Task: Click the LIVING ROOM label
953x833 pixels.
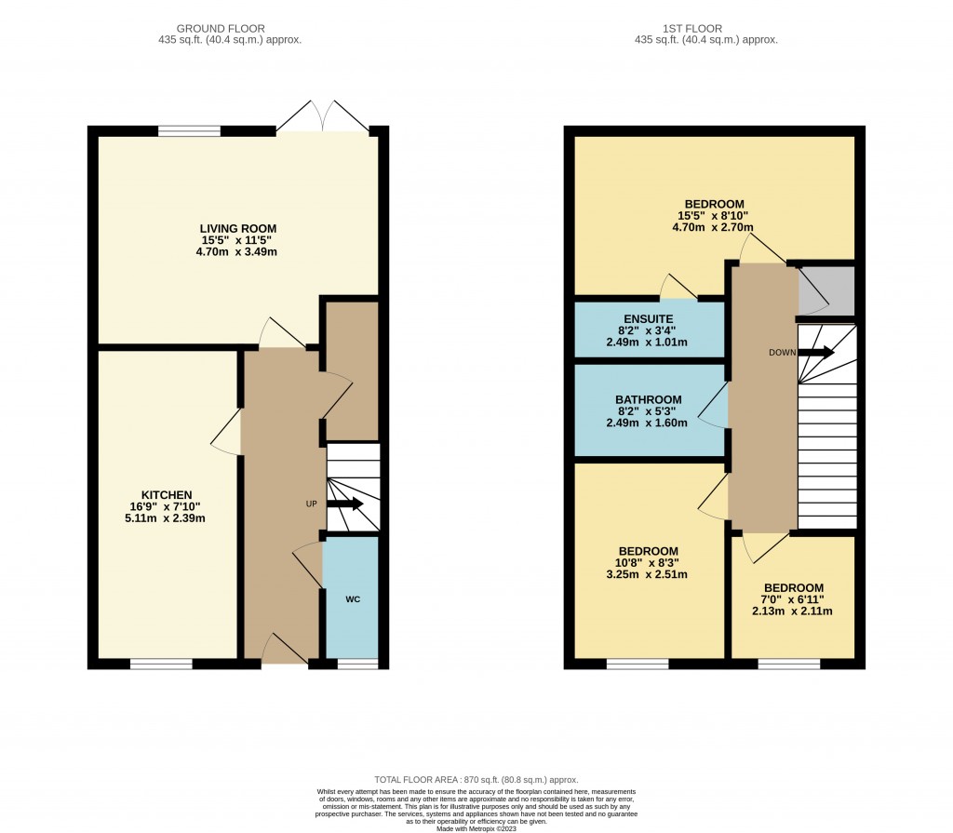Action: tap(237, 228)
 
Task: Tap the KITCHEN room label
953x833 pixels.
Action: tap(167, 494)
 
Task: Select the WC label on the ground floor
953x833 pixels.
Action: tap(353, 599)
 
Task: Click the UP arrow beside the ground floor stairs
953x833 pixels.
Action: tap(344, 504)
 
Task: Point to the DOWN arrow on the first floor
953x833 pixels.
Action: tap(816, 353)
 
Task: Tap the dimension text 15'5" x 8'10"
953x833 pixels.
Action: tap(715, 216)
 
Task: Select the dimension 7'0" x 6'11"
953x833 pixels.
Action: tap(793, 599)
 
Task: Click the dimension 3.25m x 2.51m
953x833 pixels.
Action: tap(646, 574)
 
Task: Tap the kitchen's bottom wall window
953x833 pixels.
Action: tap(161, 664)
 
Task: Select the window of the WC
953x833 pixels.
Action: tap(357, 664)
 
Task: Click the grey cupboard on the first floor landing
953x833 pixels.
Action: tap(826, 289)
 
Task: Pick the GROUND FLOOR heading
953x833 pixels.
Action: tap(230, 29)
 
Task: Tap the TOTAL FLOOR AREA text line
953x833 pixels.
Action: tap(476, 780)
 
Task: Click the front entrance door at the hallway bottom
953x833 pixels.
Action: tap(284, 652)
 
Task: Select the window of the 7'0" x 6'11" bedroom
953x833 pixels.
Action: tap(788, 664)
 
